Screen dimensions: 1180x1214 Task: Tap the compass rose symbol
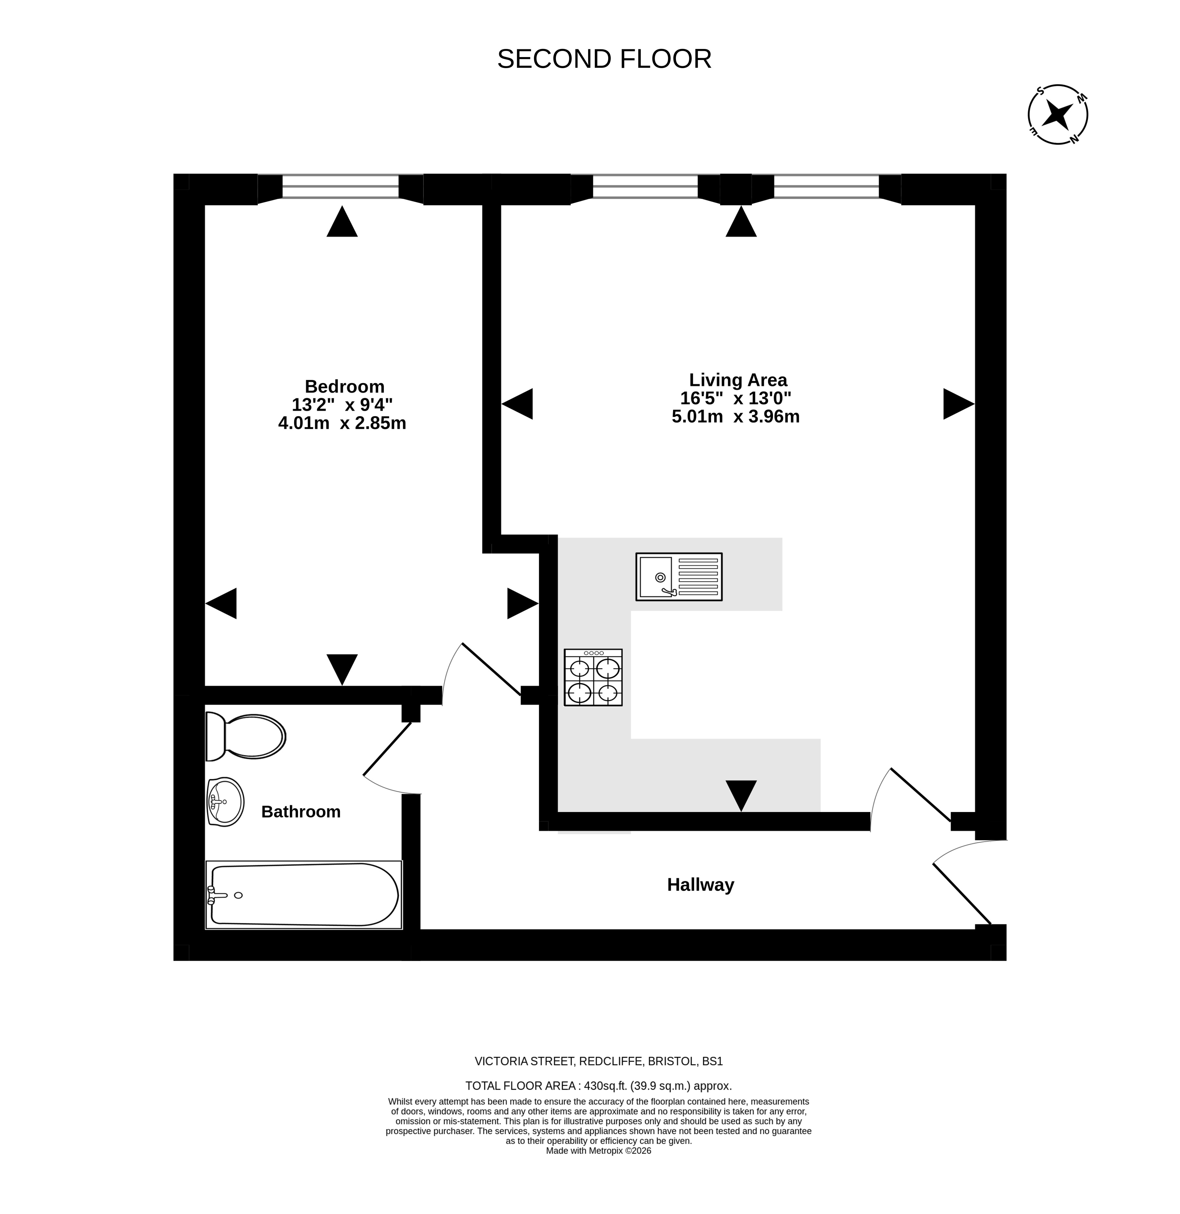point(1058,115)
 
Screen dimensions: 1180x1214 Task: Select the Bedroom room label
point(344,386)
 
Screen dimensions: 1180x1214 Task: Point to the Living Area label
point(738,380)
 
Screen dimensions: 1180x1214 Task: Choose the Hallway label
point(700,885)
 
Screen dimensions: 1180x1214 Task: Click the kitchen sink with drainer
point(679,577)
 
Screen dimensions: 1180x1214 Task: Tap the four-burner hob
point(593,677)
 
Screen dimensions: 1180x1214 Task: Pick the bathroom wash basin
point(225,802)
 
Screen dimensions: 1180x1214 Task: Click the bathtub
point(304,895)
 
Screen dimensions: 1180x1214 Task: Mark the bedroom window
point(340,187)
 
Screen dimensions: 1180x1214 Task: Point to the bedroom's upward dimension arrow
point(342,221)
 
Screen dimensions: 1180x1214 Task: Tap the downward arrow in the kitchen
point(741,795)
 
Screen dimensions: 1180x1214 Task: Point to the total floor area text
point(599,1086)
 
